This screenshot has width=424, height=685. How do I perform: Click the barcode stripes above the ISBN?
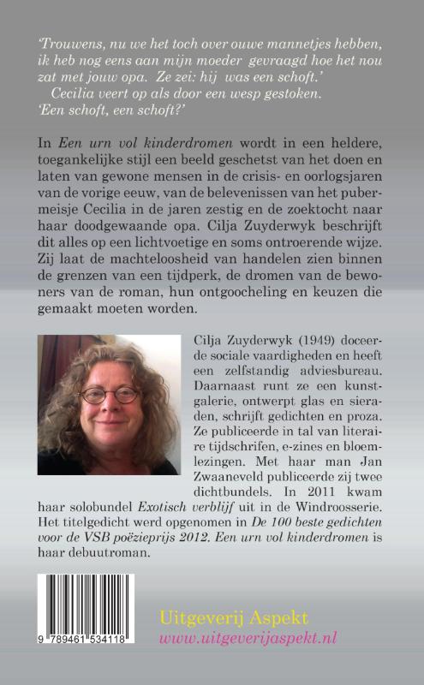(94, 616)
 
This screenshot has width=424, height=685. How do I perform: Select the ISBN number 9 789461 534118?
(94, 663)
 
